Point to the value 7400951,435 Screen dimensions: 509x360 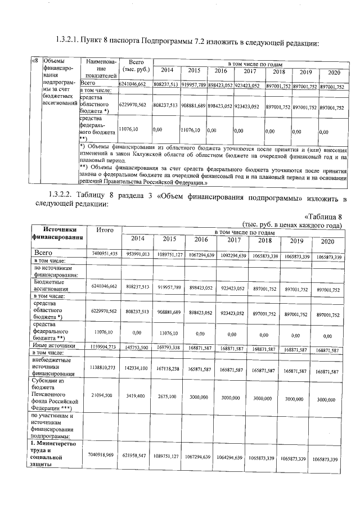[x=105, y=255]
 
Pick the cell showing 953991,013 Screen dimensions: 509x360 [x=138, y=255]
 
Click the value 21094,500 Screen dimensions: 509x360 [x=105, y=397]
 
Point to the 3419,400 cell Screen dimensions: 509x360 [x=138, y=397]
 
